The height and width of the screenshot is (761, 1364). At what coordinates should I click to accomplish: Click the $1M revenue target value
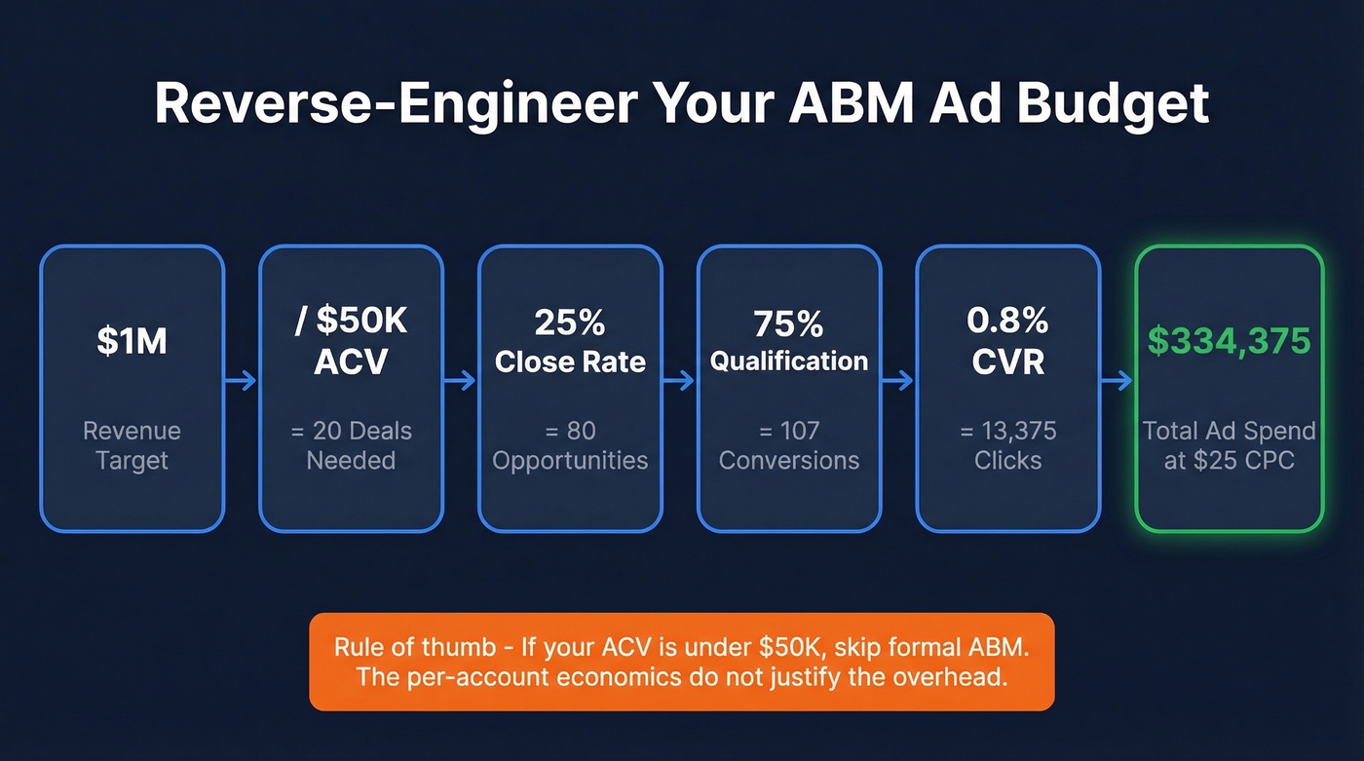click(x=132, y=341)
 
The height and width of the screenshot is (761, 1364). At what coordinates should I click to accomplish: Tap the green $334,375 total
click(x=1229, y=341)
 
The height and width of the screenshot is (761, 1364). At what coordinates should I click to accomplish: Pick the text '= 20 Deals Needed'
click(x=351, y=445)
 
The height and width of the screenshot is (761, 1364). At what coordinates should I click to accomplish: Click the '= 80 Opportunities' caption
click(x=570, y=445)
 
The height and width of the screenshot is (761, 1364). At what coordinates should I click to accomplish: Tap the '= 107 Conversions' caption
click(x=789, y=445)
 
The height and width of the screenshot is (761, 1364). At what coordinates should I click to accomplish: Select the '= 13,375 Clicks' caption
click(x=1007, y=445)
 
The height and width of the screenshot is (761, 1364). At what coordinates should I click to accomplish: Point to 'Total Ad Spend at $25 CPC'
click(x=1229, y=445)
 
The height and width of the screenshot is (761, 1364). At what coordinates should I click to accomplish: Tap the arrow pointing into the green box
click(x=1118, y=381)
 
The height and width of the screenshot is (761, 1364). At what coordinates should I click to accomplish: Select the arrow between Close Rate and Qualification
click(x=679, y=381)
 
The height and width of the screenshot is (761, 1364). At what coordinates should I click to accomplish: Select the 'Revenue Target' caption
click(x=132, y=445)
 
